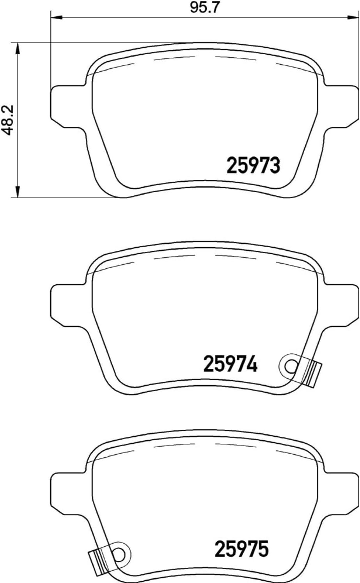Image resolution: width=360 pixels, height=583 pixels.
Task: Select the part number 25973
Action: (x=253, y=166)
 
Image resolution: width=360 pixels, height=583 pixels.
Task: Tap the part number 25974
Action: (x=230, y=365)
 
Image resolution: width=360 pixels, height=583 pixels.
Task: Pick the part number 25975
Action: (x=242, y=549)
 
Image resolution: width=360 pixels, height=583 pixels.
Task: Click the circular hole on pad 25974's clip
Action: (x=290, y=366)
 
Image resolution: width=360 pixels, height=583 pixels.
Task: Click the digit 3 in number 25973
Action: (x=275, y=166)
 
